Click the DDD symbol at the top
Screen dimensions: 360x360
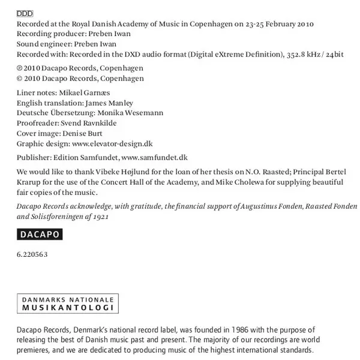[x=25, y=13]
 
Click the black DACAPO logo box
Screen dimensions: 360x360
[x=40, y=235]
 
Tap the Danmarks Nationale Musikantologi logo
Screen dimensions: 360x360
[x=68, y=304]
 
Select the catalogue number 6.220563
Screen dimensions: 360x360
[x=32, y=254]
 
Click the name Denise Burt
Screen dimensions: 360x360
[x=83, y=133]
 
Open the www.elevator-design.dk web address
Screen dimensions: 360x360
[x=112, y=143]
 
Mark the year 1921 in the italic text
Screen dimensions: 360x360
[x=100, y=216]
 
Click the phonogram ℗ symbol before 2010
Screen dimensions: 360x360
[x=20, y=68]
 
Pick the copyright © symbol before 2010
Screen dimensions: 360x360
[x=20, y=79]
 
